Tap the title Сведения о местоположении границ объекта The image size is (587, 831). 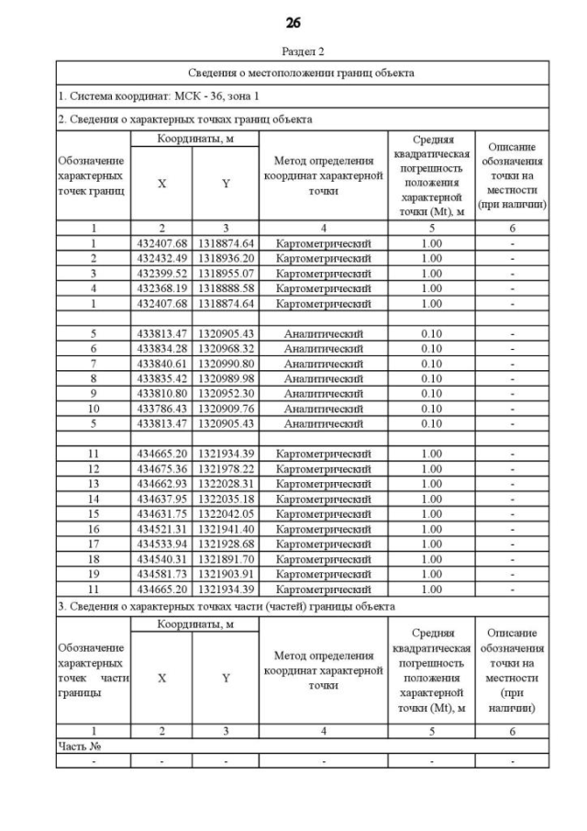tap(303, 72)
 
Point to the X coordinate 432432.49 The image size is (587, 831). tap(161, 258)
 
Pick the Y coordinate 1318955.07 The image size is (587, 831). tap(226, 273)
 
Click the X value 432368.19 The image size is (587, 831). tap(161, 287)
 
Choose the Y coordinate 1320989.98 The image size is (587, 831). tap(226, 377)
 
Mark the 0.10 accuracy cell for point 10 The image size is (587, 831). tap(431, 407)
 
